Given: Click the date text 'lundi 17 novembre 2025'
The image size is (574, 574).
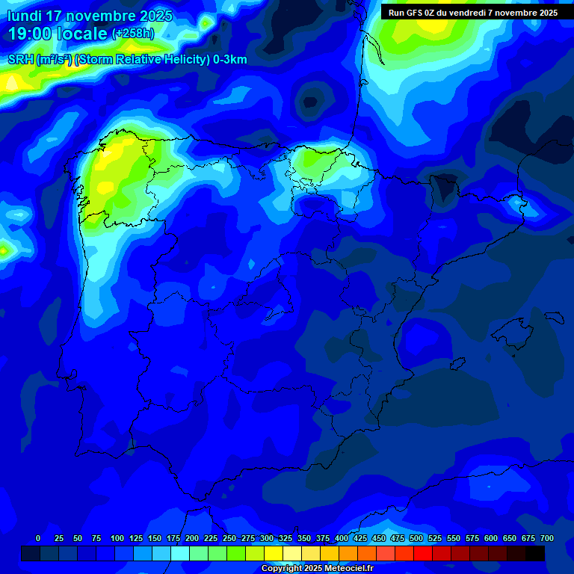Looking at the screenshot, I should point(90,16).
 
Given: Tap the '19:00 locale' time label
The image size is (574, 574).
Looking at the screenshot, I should point(58,34).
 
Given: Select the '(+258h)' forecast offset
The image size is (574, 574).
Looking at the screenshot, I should point(132,34).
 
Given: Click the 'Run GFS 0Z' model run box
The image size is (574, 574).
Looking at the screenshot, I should point(472,13).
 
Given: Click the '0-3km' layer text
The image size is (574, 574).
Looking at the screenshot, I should point(230,60).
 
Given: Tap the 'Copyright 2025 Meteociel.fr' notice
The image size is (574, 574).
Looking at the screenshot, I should point(317,569).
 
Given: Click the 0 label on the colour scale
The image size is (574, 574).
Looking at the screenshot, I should point(38,539).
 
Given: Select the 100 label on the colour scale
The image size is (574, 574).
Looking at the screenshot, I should point(117,539).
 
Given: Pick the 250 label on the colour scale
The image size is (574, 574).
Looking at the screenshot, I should point(229,539).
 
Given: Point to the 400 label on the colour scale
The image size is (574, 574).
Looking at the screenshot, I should point(342,539).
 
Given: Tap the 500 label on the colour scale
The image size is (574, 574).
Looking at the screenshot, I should point(416,539).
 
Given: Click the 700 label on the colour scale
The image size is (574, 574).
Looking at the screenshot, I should point(547,539).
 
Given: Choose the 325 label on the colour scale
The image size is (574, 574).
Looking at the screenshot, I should point(286,539).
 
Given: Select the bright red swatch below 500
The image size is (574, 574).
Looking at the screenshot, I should point(423,553).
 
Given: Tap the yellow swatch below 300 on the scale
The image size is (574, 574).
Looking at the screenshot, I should point(274,553).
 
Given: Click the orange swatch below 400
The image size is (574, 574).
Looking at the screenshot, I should point(348,553).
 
